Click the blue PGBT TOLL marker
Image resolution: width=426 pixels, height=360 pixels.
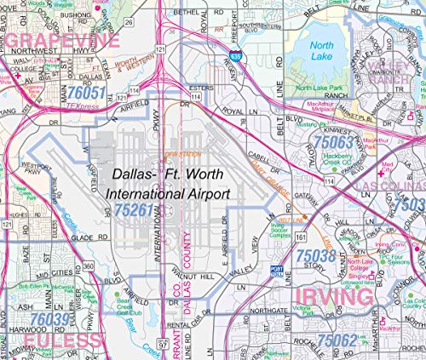click(276, 269)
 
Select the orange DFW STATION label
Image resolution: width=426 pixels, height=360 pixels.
click(181, 154)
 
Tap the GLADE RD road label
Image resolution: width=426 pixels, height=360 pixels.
click(69, 237)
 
